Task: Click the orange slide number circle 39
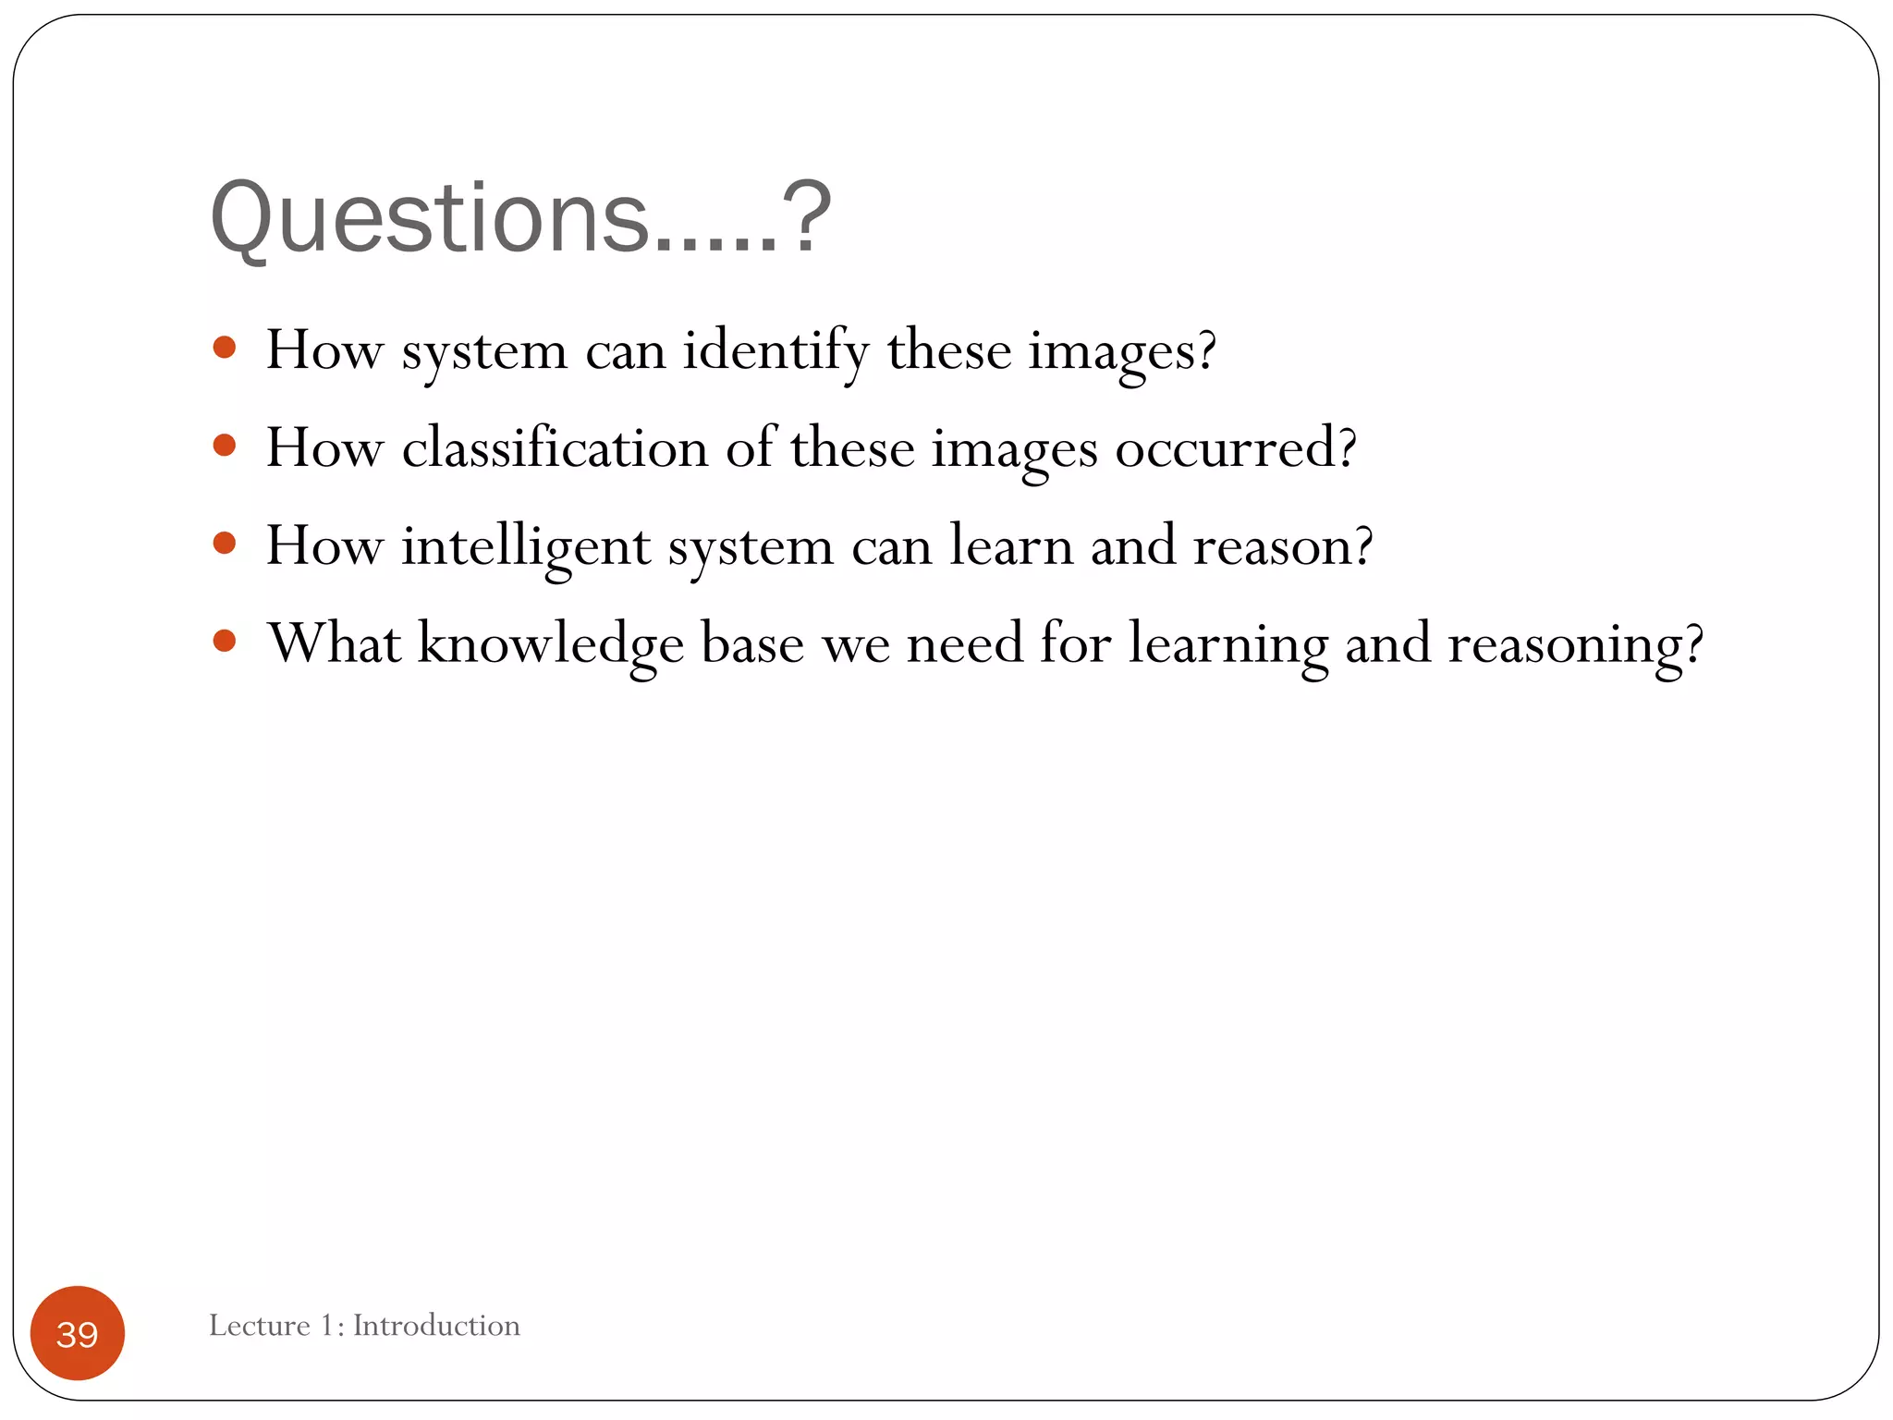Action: (78, 1333)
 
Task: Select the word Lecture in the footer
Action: (259, 1325)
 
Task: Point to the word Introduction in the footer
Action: (436, 1325)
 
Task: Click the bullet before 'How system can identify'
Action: (224, 348)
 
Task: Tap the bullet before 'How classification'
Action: (224, 446)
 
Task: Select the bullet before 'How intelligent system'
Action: (224, 543)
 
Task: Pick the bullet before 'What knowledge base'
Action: (224, 641)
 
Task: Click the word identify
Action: (776, 351)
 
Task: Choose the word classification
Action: (555, 448)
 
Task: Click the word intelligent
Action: (525, 546)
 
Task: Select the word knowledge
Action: (550, 644)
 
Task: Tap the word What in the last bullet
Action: (334, 643)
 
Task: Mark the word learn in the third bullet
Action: (1011, 545)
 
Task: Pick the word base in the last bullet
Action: (752, 643)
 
